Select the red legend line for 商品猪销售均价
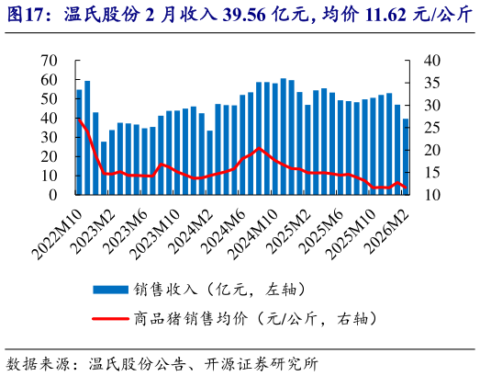[109, 319]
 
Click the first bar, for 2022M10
[79, 142]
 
